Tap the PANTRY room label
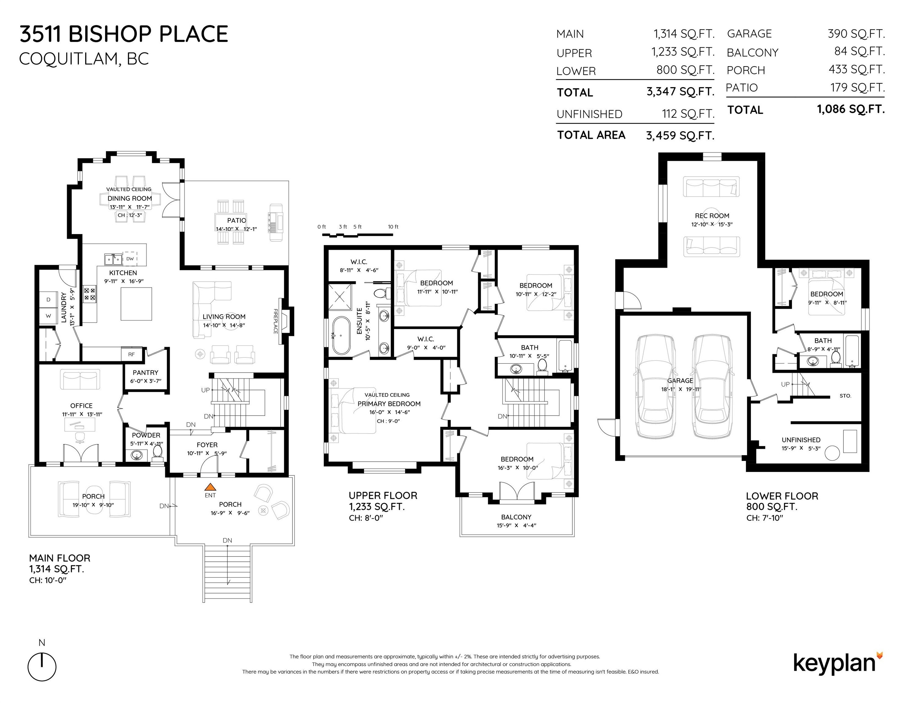click(x=145, y=372)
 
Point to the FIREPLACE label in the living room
click(x=275, y=321)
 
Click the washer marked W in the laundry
click(x=48, y=316)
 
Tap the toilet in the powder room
click(x=158, y=452)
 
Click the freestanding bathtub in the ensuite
click(x=341, y=335)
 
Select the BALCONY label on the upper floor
click(x=516, y=517)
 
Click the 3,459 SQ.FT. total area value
click(x=680, y=135)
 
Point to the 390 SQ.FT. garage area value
click(x=856, y=34)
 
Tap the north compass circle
click(x=42, y=667)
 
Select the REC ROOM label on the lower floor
click(x=712, y=216)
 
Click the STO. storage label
click(x=845, y=396)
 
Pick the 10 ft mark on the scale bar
click(x=393, y=227)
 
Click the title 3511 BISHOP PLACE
click(x=124, y=34)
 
